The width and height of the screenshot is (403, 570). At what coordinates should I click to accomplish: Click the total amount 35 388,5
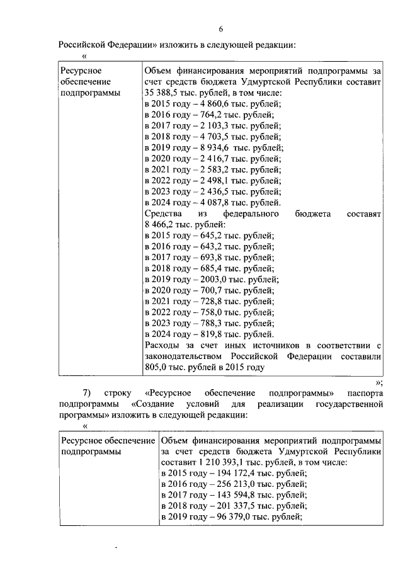coord(162,93)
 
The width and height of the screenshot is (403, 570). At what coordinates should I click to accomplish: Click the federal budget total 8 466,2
coord(159,225)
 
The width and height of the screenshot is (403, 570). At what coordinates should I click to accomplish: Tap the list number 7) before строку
coord(88,393)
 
